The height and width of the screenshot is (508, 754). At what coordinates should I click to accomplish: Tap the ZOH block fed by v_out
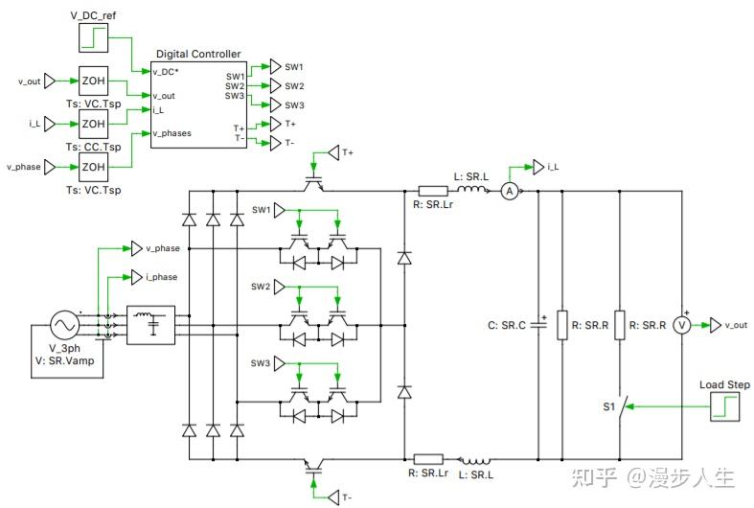[x=93, y=81]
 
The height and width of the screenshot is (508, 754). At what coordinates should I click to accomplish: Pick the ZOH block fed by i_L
[x=93, y=124]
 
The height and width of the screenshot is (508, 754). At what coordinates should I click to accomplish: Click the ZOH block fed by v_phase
[x=93, y=167]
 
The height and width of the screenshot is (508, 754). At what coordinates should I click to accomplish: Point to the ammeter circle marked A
[x=511, y=192]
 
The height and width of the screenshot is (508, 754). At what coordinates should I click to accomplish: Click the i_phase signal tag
[x=135, y=277]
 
